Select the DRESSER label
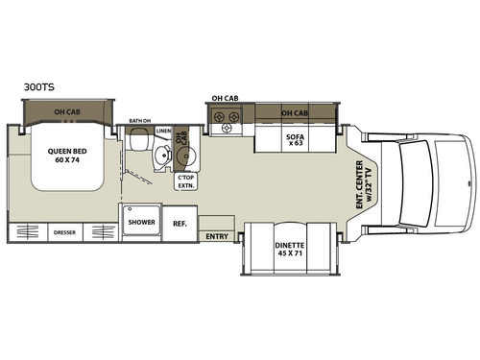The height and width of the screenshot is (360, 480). coord(64,231)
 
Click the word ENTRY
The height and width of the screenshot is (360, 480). coord(217,235)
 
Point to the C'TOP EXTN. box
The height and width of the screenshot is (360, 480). coord(186,182)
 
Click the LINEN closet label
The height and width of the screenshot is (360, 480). coord(163,130)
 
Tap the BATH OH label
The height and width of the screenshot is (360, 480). coord(141,119)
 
